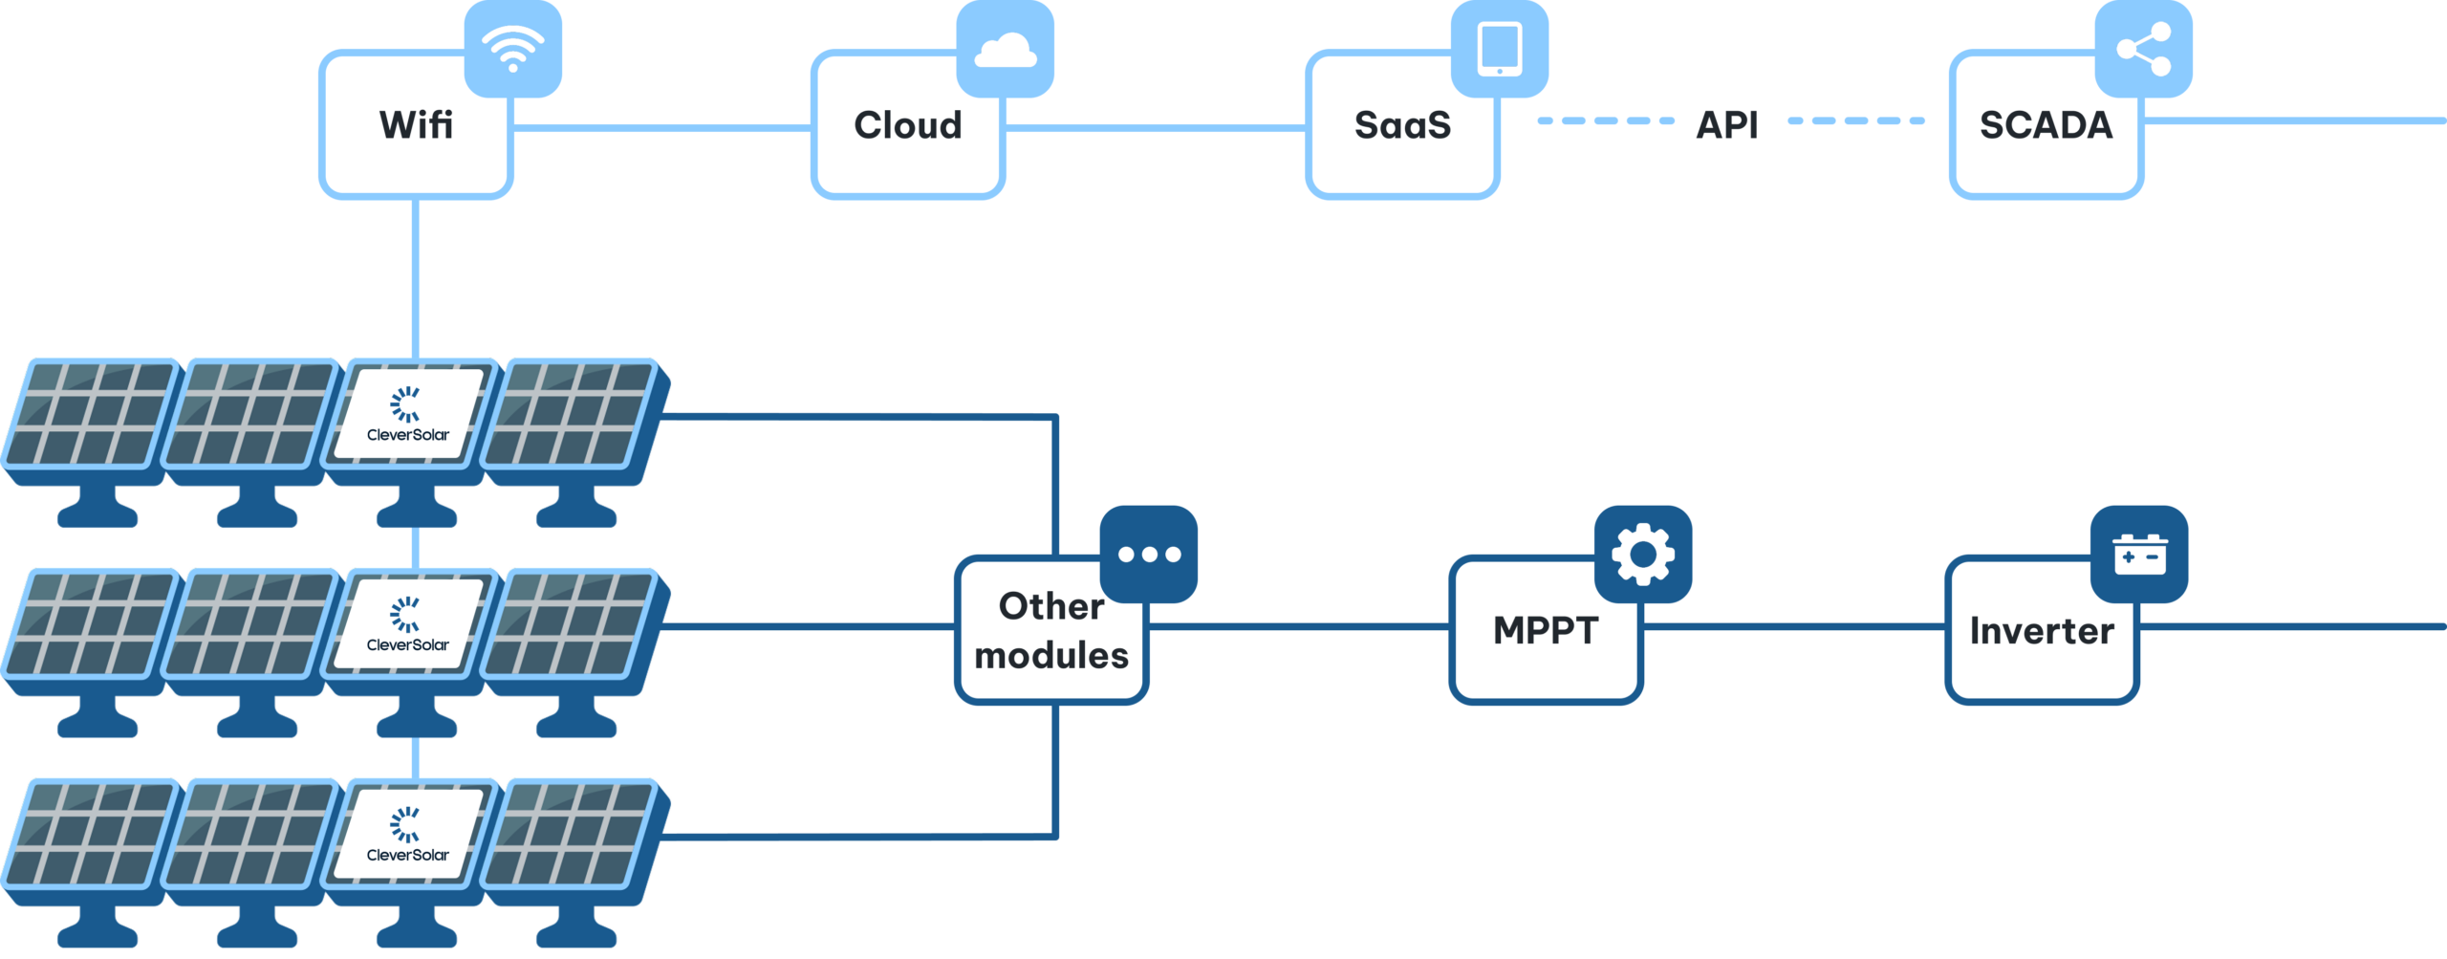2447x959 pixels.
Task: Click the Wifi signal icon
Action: pos(513,48)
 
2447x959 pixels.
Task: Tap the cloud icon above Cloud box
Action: pos(1006,49)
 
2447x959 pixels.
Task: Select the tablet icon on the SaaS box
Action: pos(1500,49)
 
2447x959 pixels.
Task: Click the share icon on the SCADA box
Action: pos(2144,49)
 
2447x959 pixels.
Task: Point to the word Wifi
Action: pos(416,125)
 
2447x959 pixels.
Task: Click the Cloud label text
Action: pos(908,125)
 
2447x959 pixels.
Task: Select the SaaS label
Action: pos(1402,125)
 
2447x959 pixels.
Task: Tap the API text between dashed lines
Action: pos(1726,124)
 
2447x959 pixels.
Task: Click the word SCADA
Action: pos(2046,125)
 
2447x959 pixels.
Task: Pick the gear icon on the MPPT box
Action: pos(1643,555)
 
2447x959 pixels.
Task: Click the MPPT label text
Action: pos(1546,630)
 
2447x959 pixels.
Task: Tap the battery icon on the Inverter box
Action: pos(2139,555)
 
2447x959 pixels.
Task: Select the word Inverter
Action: pos(2042,631)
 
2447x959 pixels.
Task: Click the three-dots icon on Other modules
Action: pos(1149,555)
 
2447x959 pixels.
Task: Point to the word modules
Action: pos(1051,656)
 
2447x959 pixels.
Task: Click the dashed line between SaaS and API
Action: pos(1606,121)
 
